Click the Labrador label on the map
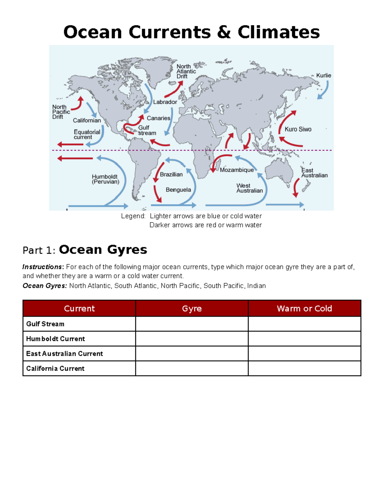point(165,102)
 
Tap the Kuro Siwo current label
point(298,129)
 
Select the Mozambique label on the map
point(237,170)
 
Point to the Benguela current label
point(178,190)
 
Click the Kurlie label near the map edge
point(323,76)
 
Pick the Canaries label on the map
point(158,118)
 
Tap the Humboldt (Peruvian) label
point(105,179)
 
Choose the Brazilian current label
point(171,174)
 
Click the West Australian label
point(249,188)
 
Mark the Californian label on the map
point(86,120)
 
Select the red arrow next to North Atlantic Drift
point(174,89)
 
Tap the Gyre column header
point(192,309)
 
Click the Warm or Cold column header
point(304,309)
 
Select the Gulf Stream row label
point(45,324)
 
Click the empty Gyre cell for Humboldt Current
point(192,339)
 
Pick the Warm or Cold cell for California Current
point(304,368)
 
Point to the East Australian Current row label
point(64,353)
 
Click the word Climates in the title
point(278,32)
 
